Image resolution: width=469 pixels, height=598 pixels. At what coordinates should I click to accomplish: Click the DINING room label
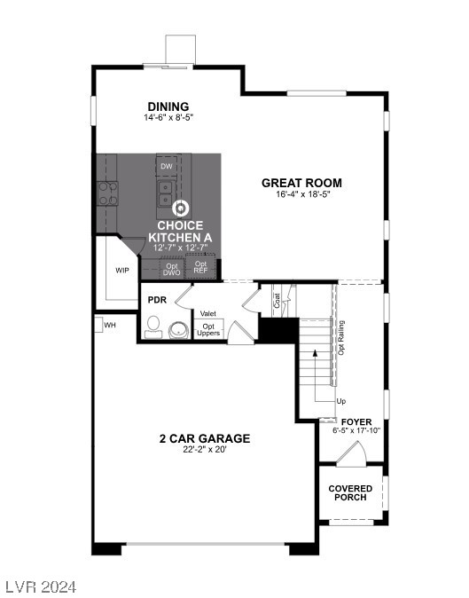coord(168,106)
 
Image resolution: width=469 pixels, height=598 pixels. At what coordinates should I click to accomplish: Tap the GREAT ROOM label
coord(301,184)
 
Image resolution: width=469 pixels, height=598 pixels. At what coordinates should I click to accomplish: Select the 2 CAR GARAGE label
coord(204,438)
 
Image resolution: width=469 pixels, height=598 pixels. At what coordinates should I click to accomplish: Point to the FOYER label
coord(356,421)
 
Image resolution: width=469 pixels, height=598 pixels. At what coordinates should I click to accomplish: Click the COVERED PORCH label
coord(350,493)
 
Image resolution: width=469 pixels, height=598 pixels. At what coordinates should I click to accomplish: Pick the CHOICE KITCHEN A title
coord(180,232)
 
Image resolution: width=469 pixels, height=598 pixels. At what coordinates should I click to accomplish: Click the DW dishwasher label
coord(166,166)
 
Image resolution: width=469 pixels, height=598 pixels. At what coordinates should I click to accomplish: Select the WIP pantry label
coord(123,270)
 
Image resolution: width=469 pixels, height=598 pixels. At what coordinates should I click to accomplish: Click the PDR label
coord(157,300)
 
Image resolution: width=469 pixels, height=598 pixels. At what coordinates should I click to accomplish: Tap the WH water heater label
coord(110,326)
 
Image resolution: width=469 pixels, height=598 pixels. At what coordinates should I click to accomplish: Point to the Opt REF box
coord(201,267)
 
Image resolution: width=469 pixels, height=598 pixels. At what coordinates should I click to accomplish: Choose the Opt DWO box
coord(172,268)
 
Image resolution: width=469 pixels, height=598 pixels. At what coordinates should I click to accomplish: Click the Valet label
coord(208,313)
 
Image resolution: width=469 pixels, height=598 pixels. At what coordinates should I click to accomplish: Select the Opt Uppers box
coord(208,329)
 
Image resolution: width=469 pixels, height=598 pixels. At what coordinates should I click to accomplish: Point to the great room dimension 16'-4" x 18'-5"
coord(301,196)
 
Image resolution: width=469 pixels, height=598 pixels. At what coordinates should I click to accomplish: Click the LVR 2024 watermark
coord(40,586)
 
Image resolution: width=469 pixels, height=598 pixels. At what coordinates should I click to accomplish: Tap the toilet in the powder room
coord(153,325)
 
